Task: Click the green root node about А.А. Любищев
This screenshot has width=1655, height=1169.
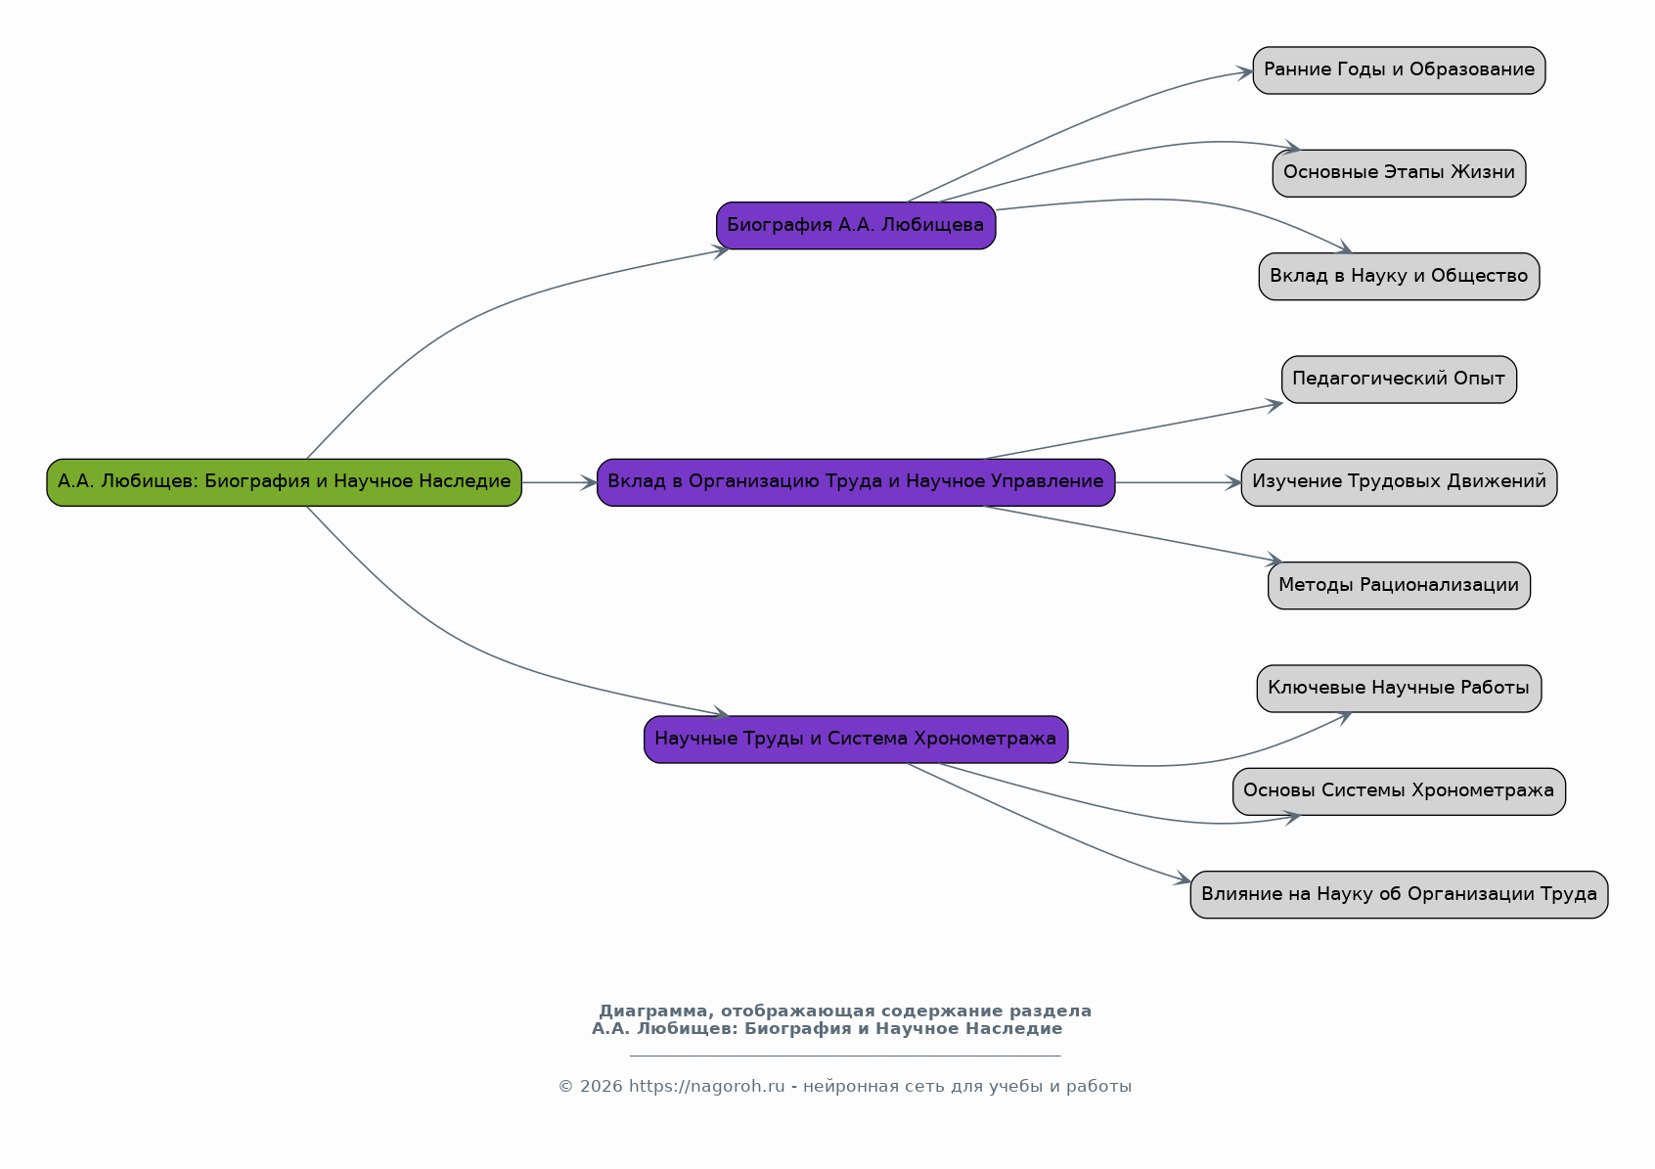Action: point(284,482)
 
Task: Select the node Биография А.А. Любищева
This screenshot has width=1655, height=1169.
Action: point(856,226)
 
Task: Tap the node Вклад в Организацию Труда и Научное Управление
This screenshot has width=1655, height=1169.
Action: point(856,482)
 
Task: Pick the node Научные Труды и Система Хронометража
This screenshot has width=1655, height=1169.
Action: point(856,740)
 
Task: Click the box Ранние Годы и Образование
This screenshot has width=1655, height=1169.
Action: point(1399,70)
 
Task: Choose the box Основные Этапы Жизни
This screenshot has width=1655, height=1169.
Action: point(1399,173)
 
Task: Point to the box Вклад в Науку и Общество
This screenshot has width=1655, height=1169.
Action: point(1399,277)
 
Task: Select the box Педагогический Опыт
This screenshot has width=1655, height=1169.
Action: point(1399,380)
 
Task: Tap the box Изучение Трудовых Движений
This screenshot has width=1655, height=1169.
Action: point(1399,482)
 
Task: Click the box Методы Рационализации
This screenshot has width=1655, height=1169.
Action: point(1399,586)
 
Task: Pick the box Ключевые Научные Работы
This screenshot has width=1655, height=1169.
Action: point(1399,689)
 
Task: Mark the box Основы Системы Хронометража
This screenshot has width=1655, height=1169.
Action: point(1399,791)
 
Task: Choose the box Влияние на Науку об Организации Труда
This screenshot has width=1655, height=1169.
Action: point(1399,894)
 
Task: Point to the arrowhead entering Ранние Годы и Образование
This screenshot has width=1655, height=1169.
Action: point(1246,71)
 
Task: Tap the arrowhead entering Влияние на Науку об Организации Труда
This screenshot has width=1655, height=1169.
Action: point(1184,880)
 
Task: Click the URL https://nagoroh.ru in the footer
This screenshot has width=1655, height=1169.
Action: point(706,1087)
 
